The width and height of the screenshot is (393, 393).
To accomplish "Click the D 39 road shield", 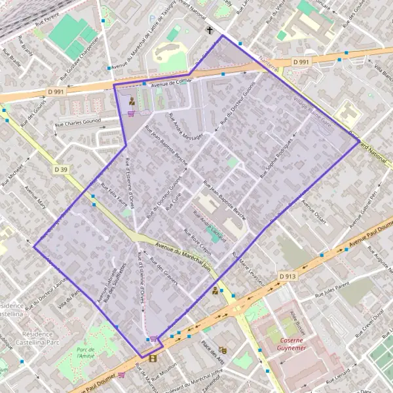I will [x=61, y=169].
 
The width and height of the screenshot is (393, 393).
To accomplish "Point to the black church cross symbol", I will [x=210, y=31].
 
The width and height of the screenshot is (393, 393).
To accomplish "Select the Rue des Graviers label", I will [x=164, y=268].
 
